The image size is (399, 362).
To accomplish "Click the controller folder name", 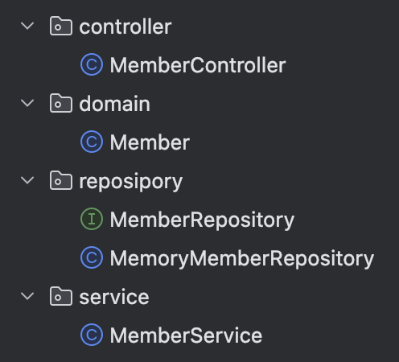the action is (x=125, y=27).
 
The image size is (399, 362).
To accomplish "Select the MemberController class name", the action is (x=198, y=65).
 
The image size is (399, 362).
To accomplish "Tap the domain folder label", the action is (x=114, y=104).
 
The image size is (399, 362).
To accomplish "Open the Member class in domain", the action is (x=150, y=142).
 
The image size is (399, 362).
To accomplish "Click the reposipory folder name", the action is (x=131, y=182).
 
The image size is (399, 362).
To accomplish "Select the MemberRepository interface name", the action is (x=202, y=220).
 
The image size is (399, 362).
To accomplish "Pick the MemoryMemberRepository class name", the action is (x=242, y=258).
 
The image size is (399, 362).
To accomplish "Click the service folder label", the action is (x=114, y=297).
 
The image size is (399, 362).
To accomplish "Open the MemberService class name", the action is (x=186, y=335).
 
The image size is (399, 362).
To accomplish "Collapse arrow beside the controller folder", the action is (x=27, y=26).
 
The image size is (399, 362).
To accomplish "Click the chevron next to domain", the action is (x=27, y=103).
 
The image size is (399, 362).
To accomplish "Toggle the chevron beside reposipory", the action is (x=27, y=180).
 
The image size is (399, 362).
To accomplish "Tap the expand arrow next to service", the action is (x=27, y=296).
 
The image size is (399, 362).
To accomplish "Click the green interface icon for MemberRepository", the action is (x=92, y=219).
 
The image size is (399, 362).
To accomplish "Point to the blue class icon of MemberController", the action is (x=92, y=64).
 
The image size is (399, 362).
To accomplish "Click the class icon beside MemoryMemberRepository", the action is (x=92, y=257).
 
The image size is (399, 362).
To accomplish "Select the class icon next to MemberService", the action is (x=92, y=335).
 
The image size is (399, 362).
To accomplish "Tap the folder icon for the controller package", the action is (x=61, y=26).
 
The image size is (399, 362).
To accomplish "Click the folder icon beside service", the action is (x=61, y=296).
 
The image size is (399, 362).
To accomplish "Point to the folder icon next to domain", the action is (x=61, y=103).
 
